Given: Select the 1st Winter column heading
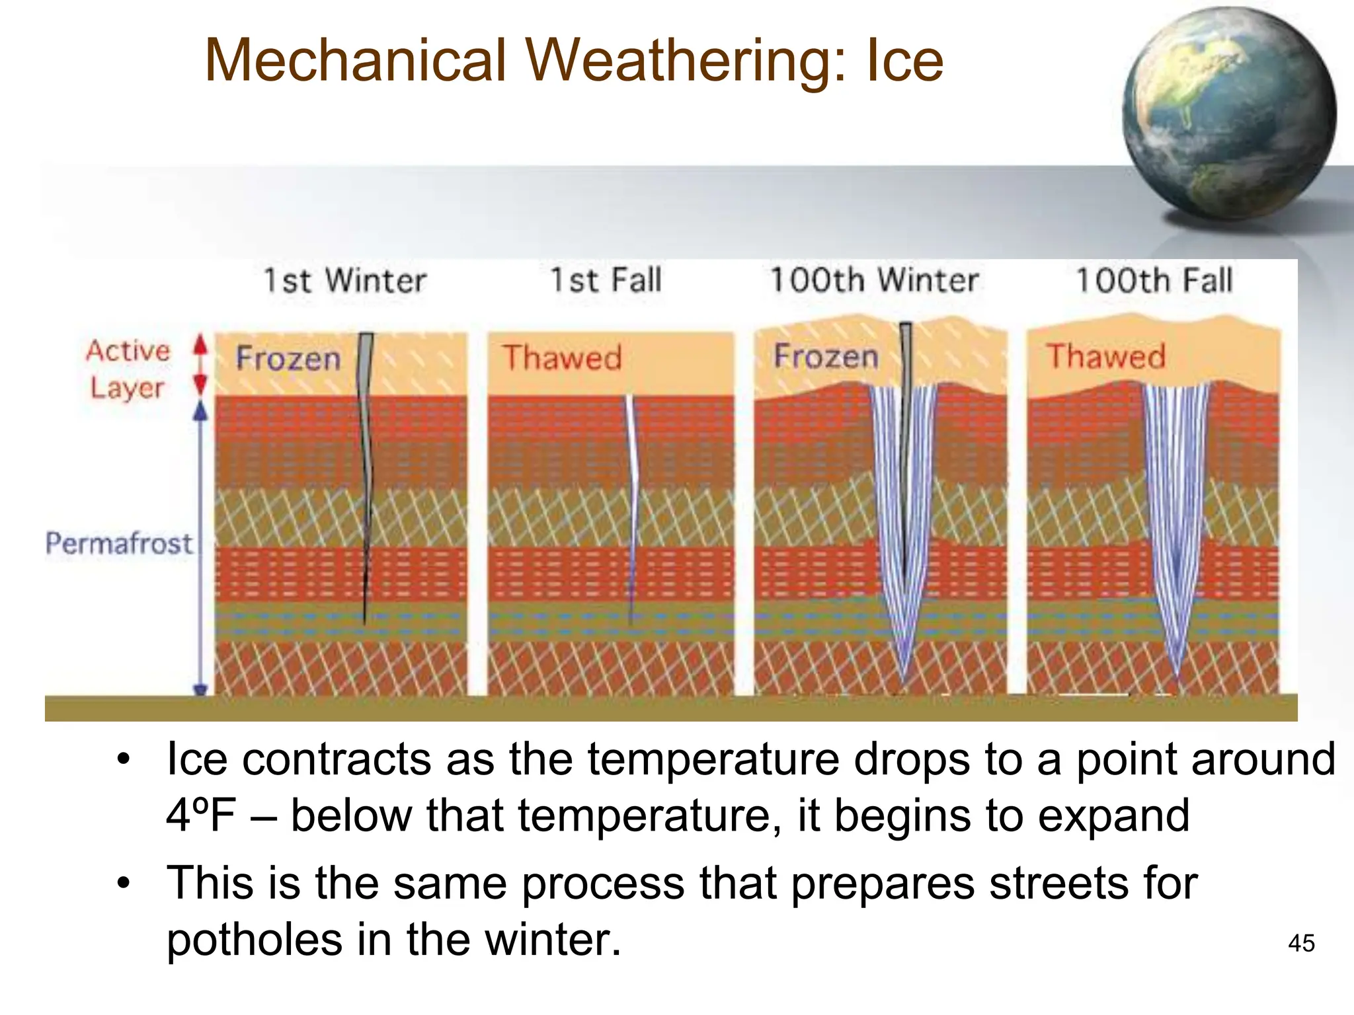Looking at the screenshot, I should pyautogui.click(x=345, y=280).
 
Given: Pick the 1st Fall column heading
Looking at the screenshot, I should pyautogui.click(x=606, y=280).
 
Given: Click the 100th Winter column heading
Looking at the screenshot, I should pyautogui.click(x=874, y=280).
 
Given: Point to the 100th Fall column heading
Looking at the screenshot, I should pyautogui.click(x=1154, y=280).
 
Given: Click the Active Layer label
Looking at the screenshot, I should pyautogui.click(x=128, y=369).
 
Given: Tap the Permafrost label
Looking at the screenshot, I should pyautogui.click(x=119, y=543).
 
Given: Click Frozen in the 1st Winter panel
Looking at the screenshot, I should pyautogui.click(x=288, y=358).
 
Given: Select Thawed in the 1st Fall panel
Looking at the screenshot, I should pyautogui.click(x=562, y=357).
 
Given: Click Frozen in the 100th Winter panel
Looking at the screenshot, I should pyautogui.click(x=826, y=356).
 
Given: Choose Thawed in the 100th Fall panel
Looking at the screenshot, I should pyautogui.click(x=1105, y=356).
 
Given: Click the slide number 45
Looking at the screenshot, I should pyautogui.click(x=1301, y=943).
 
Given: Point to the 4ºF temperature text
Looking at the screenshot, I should pyautogui.click(x=200, y=815).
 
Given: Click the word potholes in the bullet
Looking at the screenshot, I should pyautogui.click(x=254, y=940).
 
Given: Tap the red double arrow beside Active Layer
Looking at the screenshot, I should pyautogui.click(x=200, y=365).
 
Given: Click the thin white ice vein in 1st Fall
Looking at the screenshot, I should pyautogui.click(x=631, y=463).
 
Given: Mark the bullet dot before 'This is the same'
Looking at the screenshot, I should pyautogui.click(x=124, y=883).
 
